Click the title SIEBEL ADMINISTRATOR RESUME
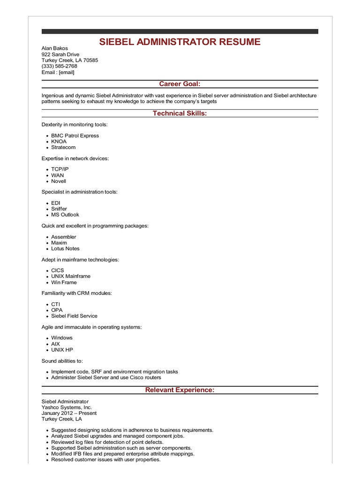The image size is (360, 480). pyautogui.click(x=180, y=42)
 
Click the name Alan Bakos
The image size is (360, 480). pyautogui.click(x=55, y=48)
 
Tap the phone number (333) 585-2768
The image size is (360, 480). pyautogui.click(x=60, y=66)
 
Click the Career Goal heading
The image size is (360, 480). pyautogui.click(x=180, y=84)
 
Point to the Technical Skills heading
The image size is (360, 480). pyautogui.click(x=180, y=113)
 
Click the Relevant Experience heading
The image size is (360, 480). pyautogui.click(x=180, y=390)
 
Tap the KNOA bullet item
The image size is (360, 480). pyautogui.click(x=59, y=142)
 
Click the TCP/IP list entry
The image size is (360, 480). pyautogui.click(x=60, y=169)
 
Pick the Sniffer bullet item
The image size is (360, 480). pyautogui.click(x=59, y=209)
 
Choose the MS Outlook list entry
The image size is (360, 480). pyautogui.click(x=65, y=215)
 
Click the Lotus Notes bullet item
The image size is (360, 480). pyautogui.click(x=66, y=248)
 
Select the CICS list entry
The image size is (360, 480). pyautogui.click(x=58, y=270)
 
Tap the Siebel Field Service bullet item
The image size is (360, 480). pyautogui.click(x=75, y=316)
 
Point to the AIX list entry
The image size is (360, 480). pyautogui.click(x=56, y=344)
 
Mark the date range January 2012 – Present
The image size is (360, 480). pyautogui.click(x=69, y=413)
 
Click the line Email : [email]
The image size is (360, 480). pyautogui.click(x=58, y=72)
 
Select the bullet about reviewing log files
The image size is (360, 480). pyautogui.click(x=107, y=442)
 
